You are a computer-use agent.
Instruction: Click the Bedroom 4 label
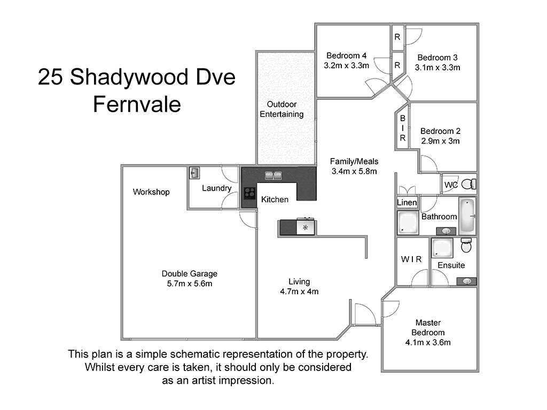[347, 56]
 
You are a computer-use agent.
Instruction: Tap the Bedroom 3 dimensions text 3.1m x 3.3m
[437, 67]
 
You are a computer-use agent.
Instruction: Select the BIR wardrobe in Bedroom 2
[403, 128]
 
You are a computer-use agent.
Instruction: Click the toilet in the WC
[468, 184]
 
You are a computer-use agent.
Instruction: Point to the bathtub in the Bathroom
[467, 215]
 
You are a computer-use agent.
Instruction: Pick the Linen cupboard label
[407, 203]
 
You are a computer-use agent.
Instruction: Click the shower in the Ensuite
[443, 248]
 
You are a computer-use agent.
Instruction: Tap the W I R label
[411, 259]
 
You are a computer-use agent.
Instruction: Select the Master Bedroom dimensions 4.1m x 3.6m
[428, 342]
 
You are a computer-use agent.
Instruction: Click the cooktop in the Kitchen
[249, 193]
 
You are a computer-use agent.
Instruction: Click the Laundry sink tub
[194, 173]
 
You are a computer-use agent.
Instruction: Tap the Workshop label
[151, 192]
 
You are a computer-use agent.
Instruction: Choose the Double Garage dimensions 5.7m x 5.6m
[190, 283]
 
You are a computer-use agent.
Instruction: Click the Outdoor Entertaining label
[282, 109]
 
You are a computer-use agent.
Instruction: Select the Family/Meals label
[354, 161]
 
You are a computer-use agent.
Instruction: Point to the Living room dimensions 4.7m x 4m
[299, 291]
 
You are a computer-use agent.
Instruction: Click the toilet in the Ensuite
[466, 246]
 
